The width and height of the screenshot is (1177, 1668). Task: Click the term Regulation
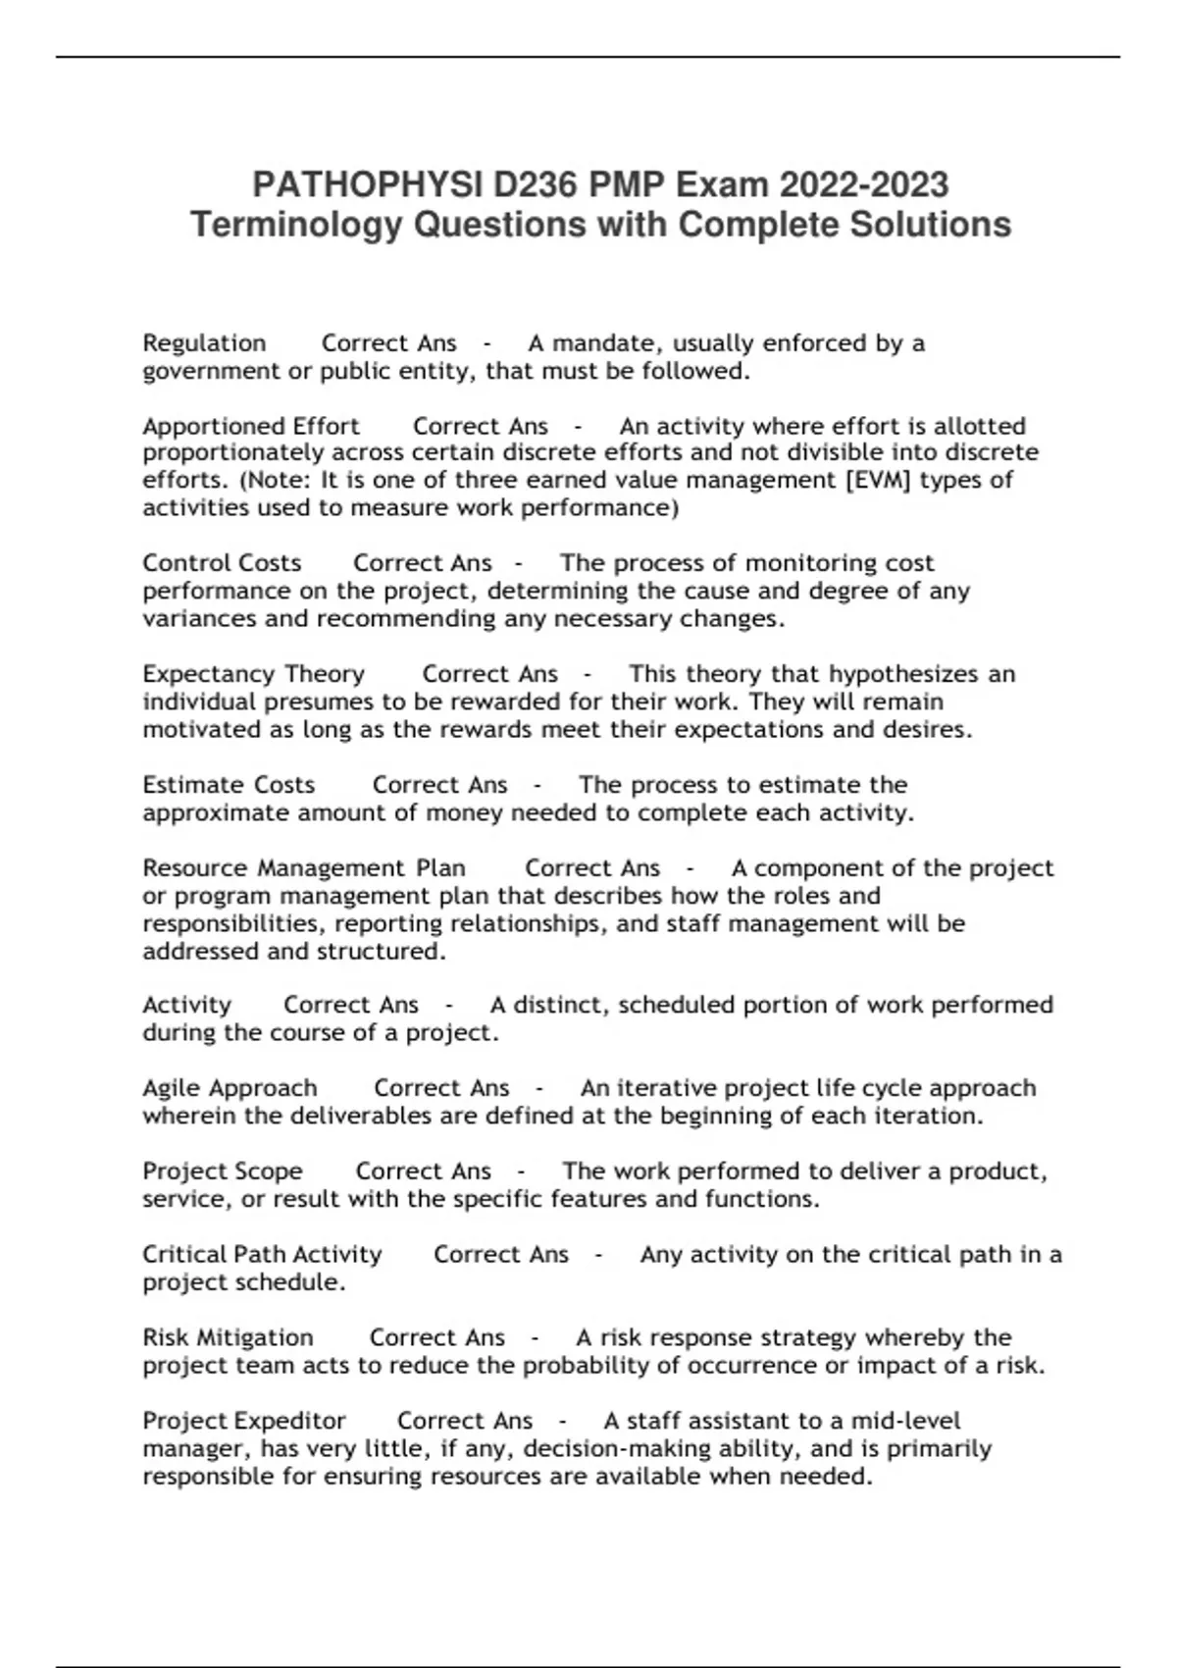coord(204,343)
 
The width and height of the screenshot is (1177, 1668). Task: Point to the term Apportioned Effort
coord(251,427)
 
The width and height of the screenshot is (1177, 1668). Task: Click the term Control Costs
coord(222,563)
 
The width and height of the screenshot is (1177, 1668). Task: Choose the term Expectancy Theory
coord(253,674)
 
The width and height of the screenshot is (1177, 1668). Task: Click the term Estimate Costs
coord(229,785)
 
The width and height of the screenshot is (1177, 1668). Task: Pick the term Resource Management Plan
coord(304,868)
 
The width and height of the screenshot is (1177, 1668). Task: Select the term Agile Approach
coord(230,1088)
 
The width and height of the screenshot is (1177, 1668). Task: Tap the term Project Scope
coord(223,1172)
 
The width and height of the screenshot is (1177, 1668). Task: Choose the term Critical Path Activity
coord(262,1255)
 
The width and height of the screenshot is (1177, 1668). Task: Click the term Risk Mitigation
coord(228,1337)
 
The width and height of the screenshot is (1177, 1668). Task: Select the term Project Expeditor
coord(244,1421)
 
